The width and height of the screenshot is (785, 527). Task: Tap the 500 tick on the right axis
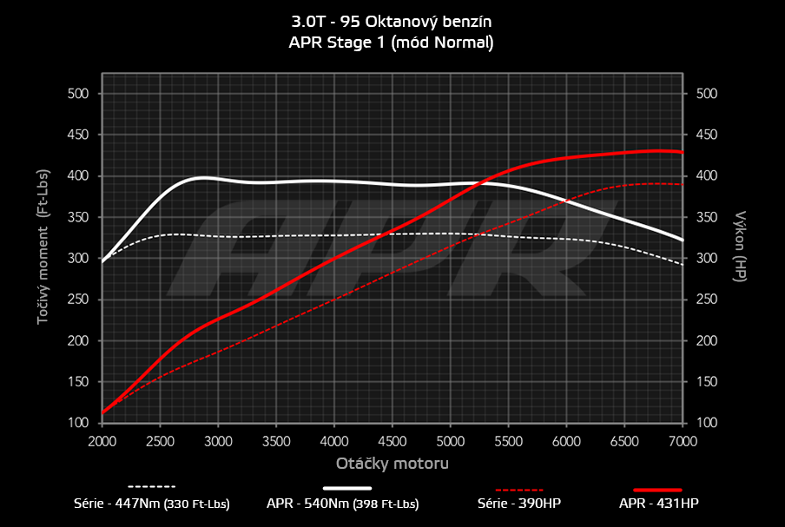(707, 94)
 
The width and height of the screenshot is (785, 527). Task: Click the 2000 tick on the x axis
(102, 440)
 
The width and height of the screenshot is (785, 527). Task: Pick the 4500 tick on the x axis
(392, 440)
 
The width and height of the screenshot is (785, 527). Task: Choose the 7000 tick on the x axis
(683, 440)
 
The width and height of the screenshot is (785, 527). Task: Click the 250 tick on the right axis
(707, 300)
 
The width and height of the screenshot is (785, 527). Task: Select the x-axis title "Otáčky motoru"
(392, 464)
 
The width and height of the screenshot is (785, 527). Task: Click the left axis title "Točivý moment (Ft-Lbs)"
(43, 258)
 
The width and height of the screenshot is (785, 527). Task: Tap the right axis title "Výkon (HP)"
(741, 245)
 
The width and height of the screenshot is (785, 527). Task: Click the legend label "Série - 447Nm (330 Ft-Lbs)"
(152, 504)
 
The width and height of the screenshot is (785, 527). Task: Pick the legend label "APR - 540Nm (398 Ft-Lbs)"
(343, 504)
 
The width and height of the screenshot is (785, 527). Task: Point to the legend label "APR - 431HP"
(657, 504)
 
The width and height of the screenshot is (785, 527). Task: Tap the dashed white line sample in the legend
(152, 487)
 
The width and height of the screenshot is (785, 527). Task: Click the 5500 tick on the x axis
(508, 440)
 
